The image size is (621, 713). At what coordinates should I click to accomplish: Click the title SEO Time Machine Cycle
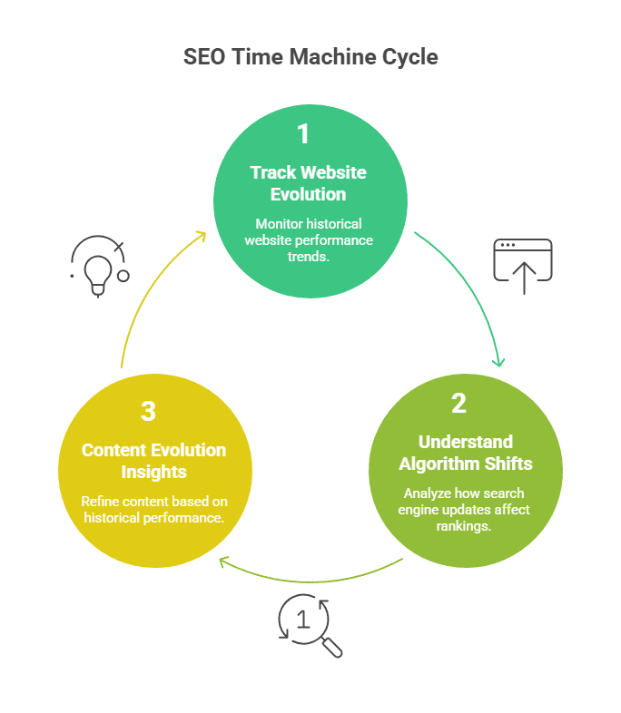(310, 57)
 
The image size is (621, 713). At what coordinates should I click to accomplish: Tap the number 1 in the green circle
(303, 135)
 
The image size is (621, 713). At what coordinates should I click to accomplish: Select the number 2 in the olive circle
(458, 403)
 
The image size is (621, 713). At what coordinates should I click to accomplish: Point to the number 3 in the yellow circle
(148, 411)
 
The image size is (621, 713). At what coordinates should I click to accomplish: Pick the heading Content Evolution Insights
(154, 461)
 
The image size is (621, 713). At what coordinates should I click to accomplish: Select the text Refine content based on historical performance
(153, 509)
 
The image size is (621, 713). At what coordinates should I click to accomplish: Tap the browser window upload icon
(523, 266)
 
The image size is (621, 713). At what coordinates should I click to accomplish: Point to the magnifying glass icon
(309, 624)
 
